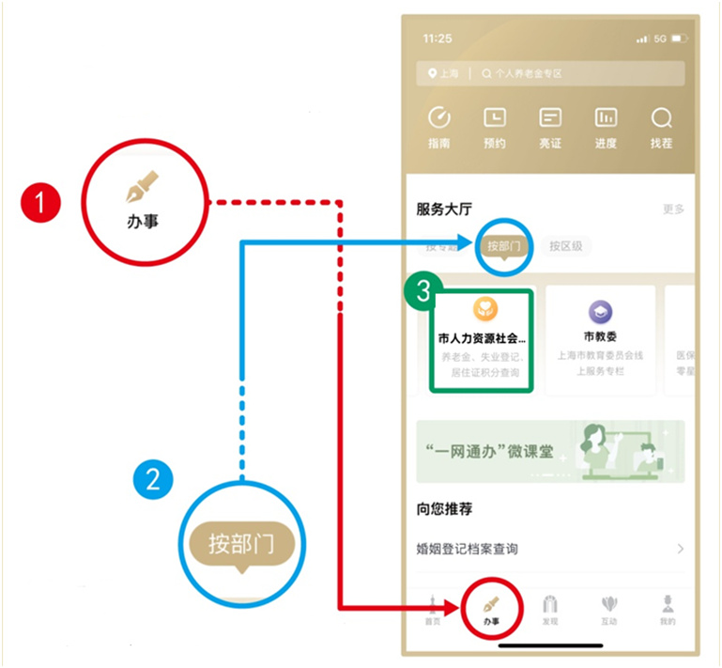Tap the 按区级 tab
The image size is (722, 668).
pos(566,246)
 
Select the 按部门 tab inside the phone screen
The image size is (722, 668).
pos(504,247)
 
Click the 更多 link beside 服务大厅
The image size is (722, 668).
pos(673,209)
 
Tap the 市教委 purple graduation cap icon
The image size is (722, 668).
pos(600,311)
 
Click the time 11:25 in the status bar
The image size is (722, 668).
pos(438,39)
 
